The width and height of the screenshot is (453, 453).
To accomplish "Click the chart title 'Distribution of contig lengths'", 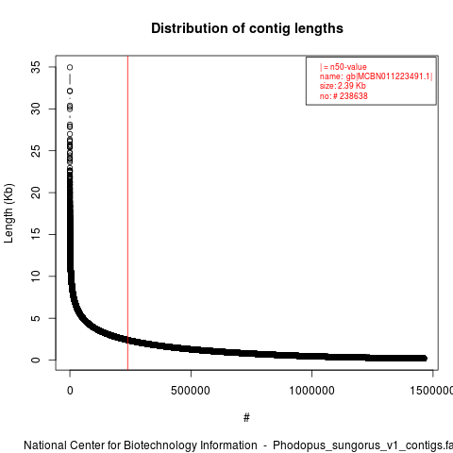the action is pyautogui.click(x=247, y=28).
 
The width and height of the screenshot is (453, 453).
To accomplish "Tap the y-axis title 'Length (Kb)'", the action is pyautogui.click(x=8, y=213).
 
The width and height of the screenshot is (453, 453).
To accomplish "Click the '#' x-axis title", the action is pyautogui.click(x=246, y=418).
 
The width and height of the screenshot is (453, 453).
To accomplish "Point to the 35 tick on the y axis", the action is pyautogui.click(x=36, y=67).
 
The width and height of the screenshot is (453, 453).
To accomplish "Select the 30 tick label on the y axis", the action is pyautogui.click(x=36, y=109).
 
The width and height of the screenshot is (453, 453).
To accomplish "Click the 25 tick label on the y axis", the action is pyautogui.click(x=36, y=151).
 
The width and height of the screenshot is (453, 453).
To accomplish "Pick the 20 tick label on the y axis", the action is pyautogui.click(x=36, y=193).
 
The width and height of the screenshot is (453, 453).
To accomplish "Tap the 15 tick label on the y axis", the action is pyautogui.click(x=36, y=234).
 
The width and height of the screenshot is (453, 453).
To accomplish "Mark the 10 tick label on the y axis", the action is pyautogui.click(x=36, y=277).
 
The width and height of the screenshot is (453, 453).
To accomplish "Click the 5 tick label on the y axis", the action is pyautogui.click(x=36, y=318).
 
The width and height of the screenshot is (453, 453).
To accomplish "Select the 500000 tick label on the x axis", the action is pyautogui.click(x=191, y=391).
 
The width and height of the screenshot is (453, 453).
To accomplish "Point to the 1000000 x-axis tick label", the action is pyautogui.click(x=311, y=391).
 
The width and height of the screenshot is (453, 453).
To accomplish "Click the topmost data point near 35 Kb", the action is pyautogui.click(x=70, y=67).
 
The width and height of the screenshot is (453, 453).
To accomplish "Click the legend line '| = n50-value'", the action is pyautogui.click(x=344, y=67).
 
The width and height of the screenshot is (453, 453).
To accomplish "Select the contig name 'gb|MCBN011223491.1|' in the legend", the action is pyautogui.click(x=390, y=76).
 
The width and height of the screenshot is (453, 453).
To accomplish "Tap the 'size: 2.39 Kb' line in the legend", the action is pyautogui.click(x=343, y=86).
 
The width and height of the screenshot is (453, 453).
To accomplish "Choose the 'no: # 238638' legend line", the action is pyautogui.click(x=344, y=95).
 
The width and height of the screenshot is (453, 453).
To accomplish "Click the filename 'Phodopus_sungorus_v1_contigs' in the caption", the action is pyautogui.click(x=354, y=446).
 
